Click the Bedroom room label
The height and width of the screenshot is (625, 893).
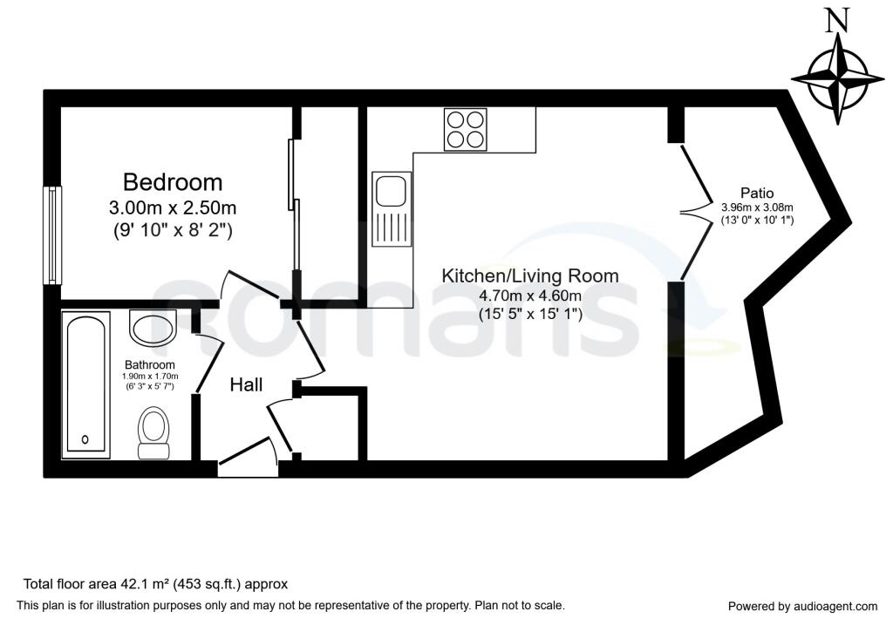coord(173,182)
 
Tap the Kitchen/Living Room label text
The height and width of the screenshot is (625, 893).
coord(530,276)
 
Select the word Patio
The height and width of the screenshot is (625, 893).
coord(757,193)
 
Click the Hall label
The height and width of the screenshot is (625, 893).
coord(246,384)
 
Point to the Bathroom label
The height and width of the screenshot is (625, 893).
coord(150,365)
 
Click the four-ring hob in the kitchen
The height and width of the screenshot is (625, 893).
coord(466,129)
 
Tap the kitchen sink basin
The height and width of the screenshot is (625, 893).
coord(391,191)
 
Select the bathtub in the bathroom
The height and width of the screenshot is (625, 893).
coord(85,384)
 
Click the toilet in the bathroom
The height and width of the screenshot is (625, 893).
coord(153,432)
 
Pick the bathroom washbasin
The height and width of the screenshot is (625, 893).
coord(153,327)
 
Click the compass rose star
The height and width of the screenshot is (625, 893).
coord(838,79)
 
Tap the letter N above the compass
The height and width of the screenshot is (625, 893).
coord(838,21)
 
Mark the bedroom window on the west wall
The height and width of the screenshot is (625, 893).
coord(53,235)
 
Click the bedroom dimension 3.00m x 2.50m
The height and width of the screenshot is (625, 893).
coord(173,207)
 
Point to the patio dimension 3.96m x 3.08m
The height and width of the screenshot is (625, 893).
coord(758,207)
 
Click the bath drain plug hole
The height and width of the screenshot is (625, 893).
coord(85,439)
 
